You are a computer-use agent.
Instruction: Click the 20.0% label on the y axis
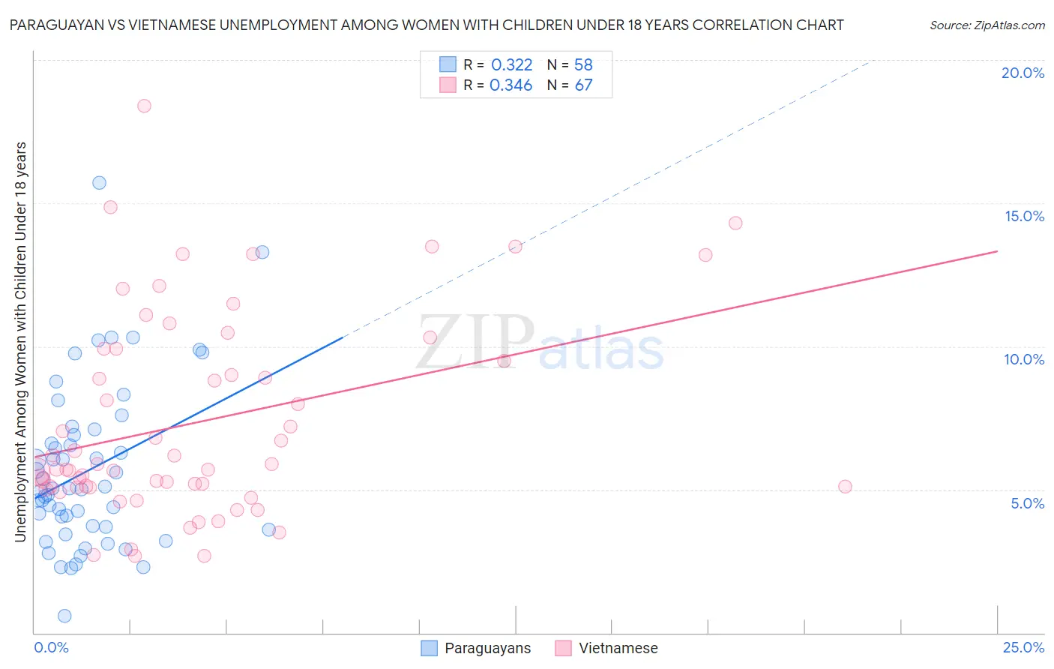pyautogui.click(x=1023, y=73)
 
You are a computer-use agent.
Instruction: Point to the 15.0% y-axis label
pyautogui.click(x=1024, y=216)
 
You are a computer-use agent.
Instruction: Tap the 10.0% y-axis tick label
pyautogui.click(x=1024, y=359)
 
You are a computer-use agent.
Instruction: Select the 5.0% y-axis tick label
pyautogui.click(x=1027, y=503)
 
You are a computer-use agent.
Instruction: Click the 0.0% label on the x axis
pyautogui.click(x=51, y=647)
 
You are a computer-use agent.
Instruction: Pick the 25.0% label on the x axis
pyautogui.click(x=1023, y=647)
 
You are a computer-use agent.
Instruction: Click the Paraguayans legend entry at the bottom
pyautogui.click(x=487, y=648)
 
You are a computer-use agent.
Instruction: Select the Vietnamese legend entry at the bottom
pyautogui.click(x=618, y=648)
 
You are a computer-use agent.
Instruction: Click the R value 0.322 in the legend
pyautogui.click(x=511, y=65)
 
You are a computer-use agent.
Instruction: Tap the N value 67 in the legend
pyautogui.click(x=583, y=85)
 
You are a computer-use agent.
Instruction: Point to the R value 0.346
pyautogui.click(x=511, y=85)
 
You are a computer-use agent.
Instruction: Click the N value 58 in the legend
pyautogui.click(x=583, y=65)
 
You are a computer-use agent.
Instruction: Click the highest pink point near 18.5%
pyautogui.click(x=144, y=106)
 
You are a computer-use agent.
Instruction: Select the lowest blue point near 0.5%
pyautogui.click(x=64, y=616)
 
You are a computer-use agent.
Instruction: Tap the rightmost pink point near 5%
pyautogui.click(x=845, y=487)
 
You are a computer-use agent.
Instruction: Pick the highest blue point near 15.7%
pyautogui.click(x=99, y=183)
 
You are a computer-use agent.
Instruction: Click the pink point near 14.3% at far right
pyautogui.click(x=735, y=223)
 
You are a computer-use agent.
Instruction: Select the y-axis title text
pyautogui.click(x=20, y=341)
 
